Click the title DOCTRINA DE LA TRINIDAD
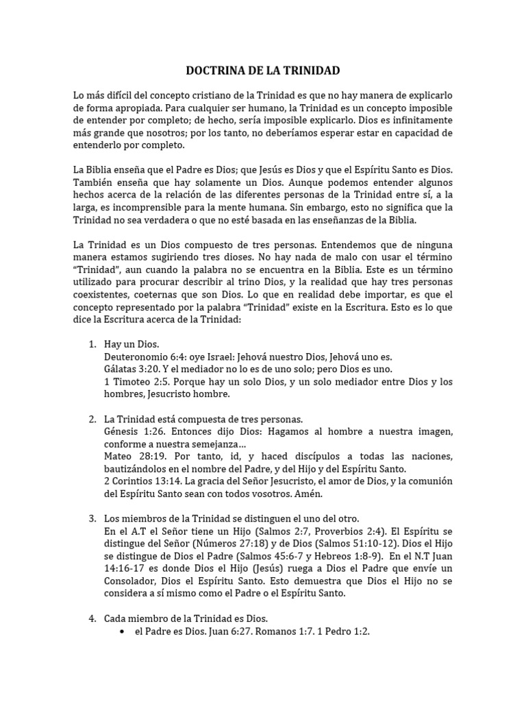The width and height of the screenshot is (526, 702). point(262,71)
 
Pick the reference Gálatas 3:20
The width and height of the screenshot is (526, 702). point(128,370)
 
